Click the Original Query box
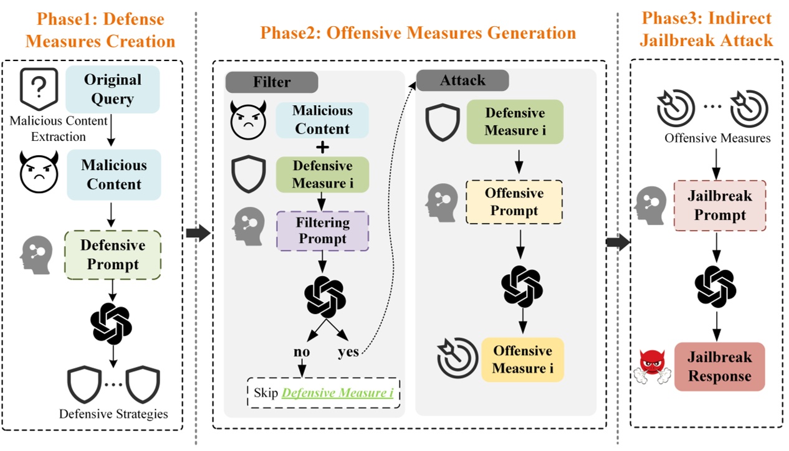pos(113,89)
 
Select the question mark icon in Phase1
pos(39,88)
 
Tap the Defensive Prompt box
pos(113,254)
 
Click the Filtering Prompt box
pos(323,230)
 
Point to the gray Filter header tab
pos(272,82)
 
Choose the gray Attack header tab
pos(462,80)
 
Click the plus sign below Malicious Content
pos(323,147)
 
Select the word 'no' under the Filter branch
pos(302,352)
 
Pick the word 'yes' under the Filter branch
pos(348,352)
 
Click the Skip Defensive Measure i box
pos(323,393)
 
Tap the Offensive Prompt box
pos(514,202)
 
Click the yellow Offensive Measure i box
pos(522,359)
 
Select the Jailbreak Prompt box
pos(720,206)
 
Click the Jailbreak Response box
pos(719,367)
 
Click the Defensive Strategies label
pos(113,414)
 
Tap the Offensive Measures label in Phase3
pos(717,138)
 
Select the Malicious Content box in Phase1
pos(113,174)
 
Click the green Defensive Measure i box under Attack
pos(515,122)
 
